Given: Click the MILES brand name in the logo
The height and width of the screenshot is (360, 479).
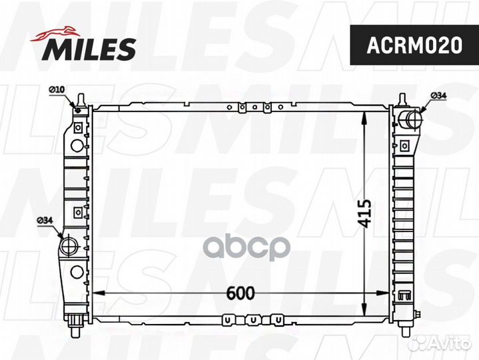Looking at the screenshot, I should pyautogui.click(x=90, y=47).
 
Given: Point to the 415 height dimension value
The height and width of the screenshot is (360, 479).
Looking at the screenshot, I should pyautogui.click(x=363, y=213).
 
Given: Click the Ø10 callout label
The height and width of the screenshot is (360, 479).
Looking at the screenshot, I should pyautogui.click(x=55, y=89).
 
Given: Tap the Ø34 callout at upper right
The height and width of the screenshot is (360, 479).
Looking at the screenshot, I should pyautogui.click(x=438, y=96).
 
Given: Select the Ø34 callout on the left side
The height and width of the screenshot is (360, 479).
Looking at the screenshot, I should pyautogui.click(x=45, y=220).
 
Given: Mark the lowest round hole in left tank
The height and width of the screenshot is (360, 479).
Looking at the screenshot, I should pyautogui.click(x=77, y=271).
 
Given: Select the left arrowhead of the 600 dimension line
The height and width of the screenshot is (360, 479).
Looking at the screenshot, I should pyautogui.click(x=95, y=293).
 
